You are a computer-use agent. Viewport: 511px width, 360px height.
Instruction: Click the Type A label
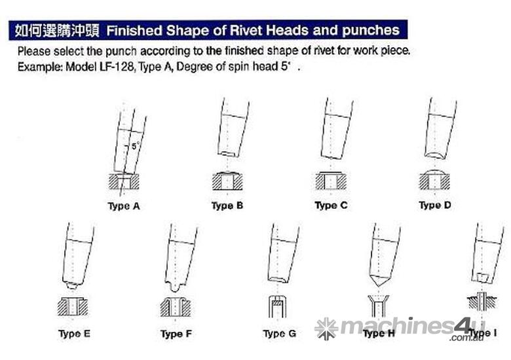pos(124,206)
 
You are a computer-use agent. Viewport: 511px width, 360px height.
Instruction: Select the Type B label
pos(227,206)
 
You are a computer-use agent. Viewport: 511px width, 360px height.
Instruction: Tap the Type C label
pos(331,205)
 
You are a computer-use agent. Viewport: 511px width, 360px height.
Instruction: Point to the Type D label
pos(435,205)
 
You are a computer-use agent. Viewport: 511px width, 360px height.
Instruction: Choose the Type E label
pos(74,334)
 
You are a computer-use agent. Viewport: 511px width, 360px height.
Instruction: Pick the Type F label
pos(176,334)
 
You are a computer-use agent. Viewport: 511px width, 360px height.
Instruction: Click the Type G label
pos(280,333)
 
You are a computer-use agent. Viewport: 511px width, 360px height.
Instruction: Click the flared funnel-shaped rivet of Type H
pos(378,306)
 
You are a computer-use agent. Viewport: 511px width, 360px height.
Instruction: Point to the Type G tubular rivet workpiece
pos(277,306)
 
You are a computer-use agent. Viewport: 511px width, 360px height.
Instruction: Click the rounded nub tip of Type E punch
pos(71,286)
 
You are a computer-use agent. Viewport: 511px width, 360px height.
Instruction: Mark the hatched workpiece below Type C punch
pos(331,181)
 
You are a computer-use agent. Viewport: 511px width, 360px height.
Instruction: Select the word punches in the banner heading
pos(371,31)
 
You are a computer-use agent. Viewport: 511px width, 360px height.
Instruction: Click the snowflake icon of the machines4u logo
pos(326,329)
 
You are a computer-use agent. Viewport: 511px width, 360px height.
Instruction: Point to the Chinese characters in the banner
pos(57,31)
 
